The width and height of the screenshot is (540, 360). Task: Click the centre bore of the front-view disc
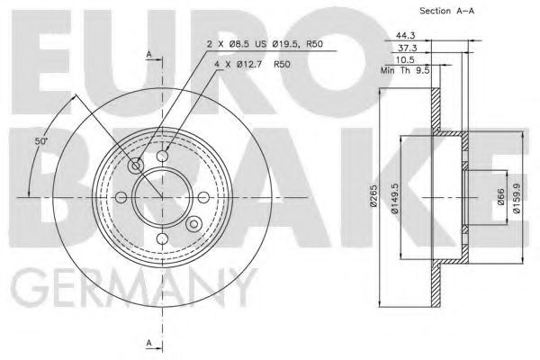point(163,196)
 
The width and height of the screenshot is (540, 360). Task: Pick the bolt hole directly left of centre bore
point(122,196)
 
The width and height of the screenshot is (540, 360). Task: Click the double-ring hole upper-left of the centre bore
point(137,166)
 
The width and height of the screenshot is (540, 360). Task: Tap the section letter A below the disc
point(147,343)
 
